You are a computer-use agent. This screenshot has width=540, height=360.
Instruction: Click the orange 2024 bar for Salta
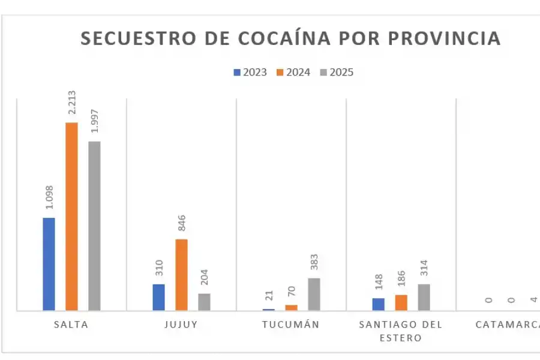[x=71, y=216]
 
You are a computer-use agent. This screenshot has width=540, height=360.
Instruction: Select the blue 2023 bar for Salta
[x=49, y=264]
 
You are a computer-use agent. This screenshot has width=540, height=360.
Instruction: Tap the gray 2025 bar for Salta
[x=94, y=226]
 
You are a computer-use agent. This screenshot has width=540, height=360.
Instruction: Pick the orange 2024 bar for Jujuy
[x=181, y=274]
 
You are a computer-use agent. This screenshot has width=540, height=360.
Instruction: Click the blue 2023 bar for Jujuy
[x=158, y=297]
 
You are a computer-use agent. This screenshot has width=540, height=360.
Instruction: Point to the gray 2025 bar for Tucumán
[x=314, y=294]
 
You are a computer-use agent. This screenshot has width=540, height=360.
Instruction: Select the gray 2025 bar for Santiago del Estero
[x=424, y=297]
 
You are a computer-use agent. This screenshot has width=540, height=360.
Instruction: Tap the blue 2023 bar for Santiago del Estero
[x=378, y=304]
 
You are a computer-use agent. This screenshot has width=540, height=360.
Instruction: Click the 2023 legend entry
[x=250, y=73]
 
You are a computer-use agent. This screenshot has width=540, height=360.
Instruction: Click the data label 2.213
[x=72, y=103]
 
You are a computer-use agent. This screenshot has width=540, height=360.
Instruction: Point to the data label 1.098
[x=49, y=198]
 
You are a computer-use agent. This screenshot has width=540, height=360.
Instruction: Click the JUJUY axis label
[x=181, y=325]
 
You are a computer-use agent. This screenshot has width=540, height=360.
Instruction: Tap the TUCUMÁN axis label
[x=290, y=325]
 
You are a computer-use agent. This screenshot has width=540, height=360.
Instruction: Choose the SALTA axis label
[x=71, y=325]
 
